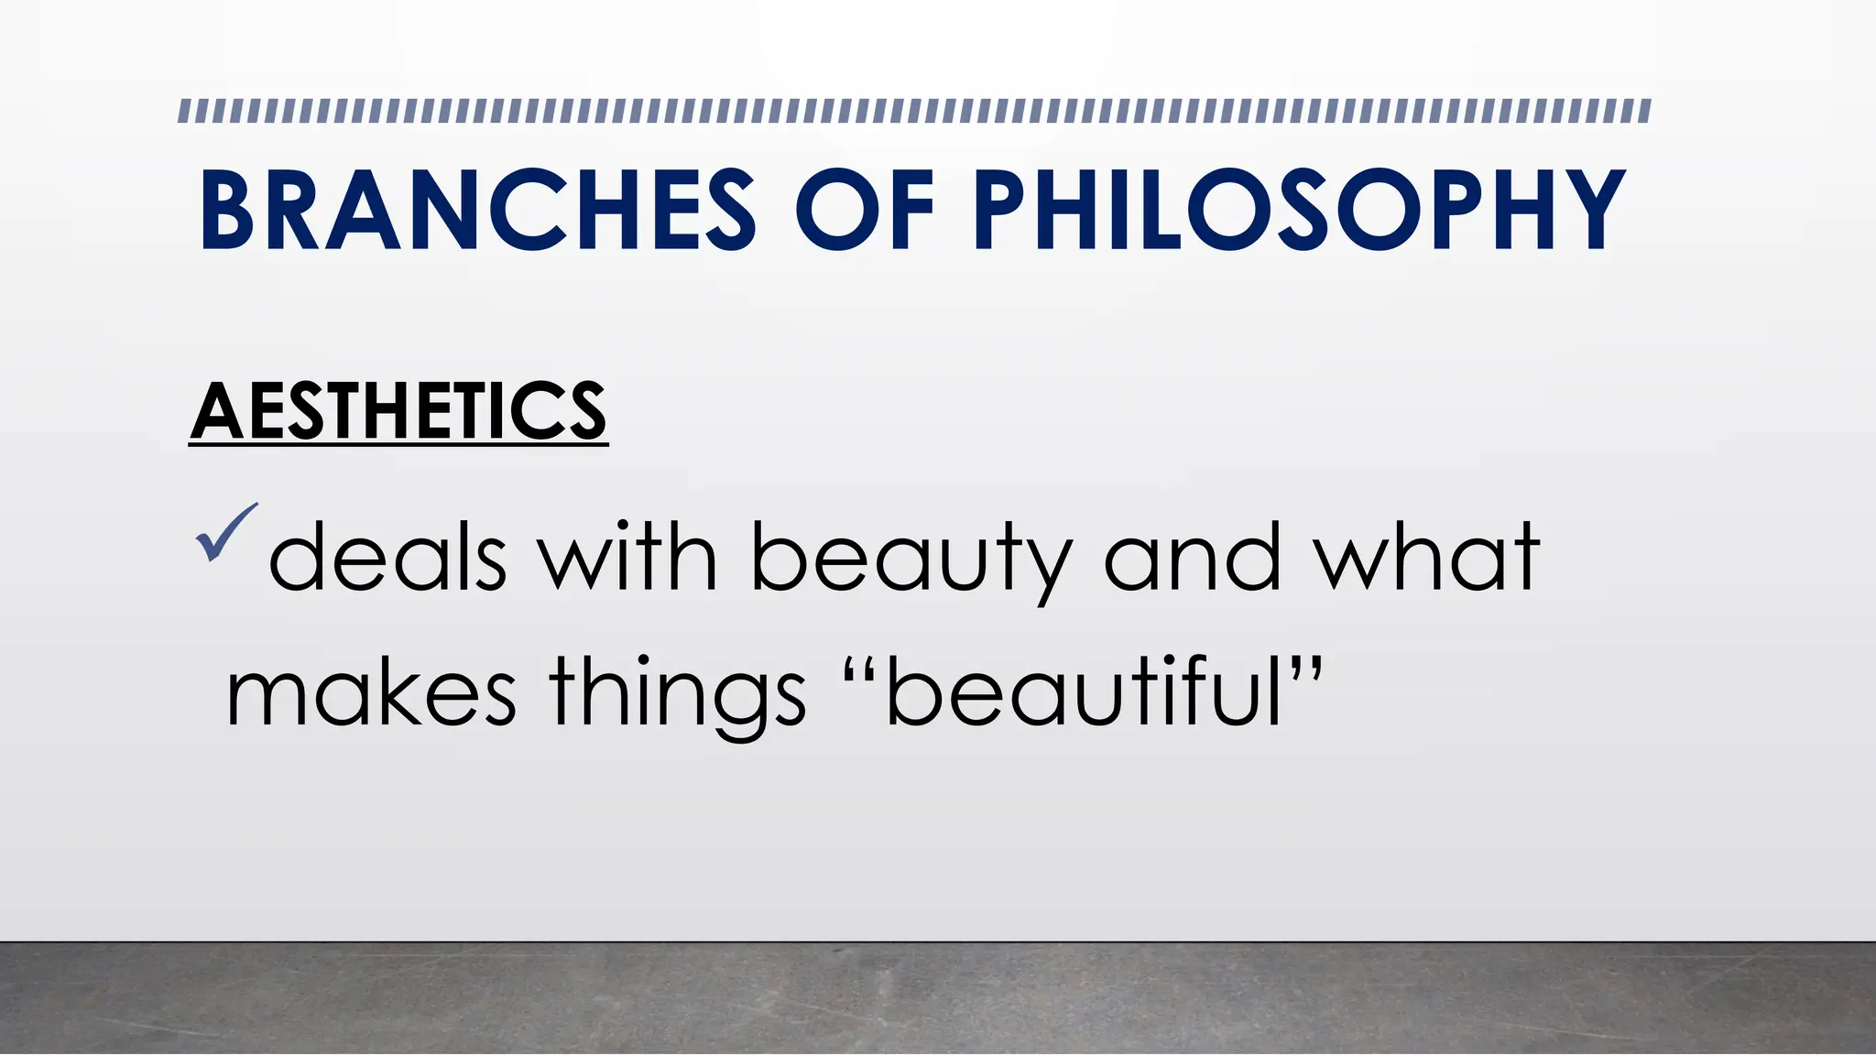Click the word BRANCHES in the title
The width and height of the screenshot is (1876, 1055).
point(477,210)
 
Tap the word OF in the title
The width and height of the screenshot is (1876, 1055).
point(864,210)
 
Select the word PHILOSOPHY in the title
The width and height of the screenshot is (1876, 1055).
point(1298,210)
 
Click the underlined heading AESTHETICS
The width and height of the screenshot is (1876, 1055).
point(398,412)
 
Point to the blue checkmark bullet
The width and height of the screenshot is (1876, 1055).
point(225,533)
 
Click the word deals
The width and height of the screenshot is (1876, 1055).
point(387,557)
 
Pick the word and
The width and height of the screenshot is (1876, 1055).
point(1192,557)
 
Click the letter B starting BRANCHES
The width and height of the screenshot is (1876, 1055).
point(226,210)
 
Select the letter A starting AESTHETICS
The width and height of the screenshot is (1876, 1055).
point(216,412)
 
